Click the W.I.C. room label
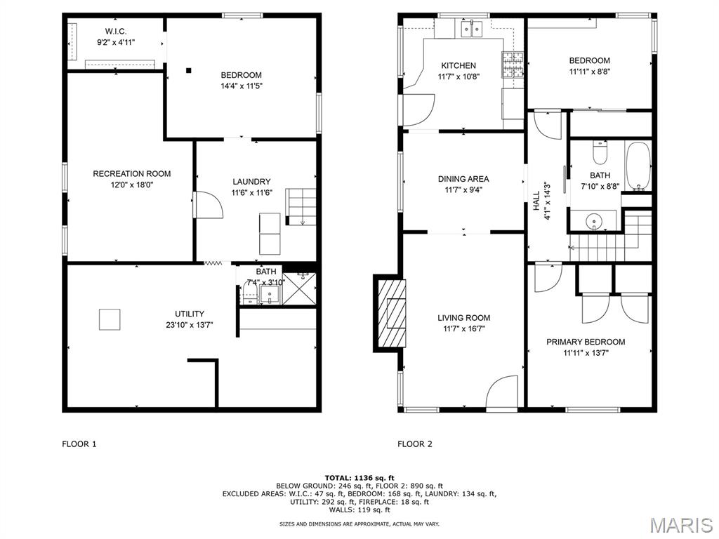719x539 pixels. [x=116, y=31]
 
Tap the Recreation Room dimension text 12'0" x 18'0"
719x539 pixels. [x=131, y=185]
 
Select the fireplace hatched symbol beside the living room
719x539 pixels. [x=392, y=313]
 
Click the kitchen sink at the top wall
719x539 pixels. [x=471, y=29]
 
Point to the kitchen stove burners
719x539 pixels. [x=513, y=65]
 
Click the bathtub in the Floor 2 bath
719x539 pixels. [x=638, y=166]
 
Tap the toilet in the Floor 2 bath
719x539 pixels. [x=600, y=152]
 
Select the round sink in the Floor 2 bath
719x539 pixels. [x=594, y=220]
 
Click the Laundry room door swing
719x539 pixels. [x=209, y=204]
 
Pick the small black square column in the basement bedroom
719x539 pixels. [x=188, y=70]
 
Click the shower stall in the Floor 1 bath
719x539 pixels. [x=299, y=288]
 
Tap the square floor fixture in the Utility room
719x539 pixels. [x=110, y=319]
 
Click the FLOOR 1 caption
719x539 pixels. [x=79, y=444]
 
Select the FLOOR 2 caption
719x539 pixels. [x=414, y=444]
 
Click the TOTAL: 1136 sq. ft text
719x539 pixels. [x=359, y=478]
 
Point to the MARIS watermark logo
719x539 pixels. [x=681, y=525]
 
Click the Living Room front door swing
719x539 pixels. [x=501, y=392]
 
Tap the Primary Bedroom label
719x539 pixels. [x=586, y=342]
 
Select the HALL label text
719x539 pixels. [x=536, y=201]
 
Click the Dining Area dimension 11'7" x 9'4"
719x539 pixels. [x=463, y=190]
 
